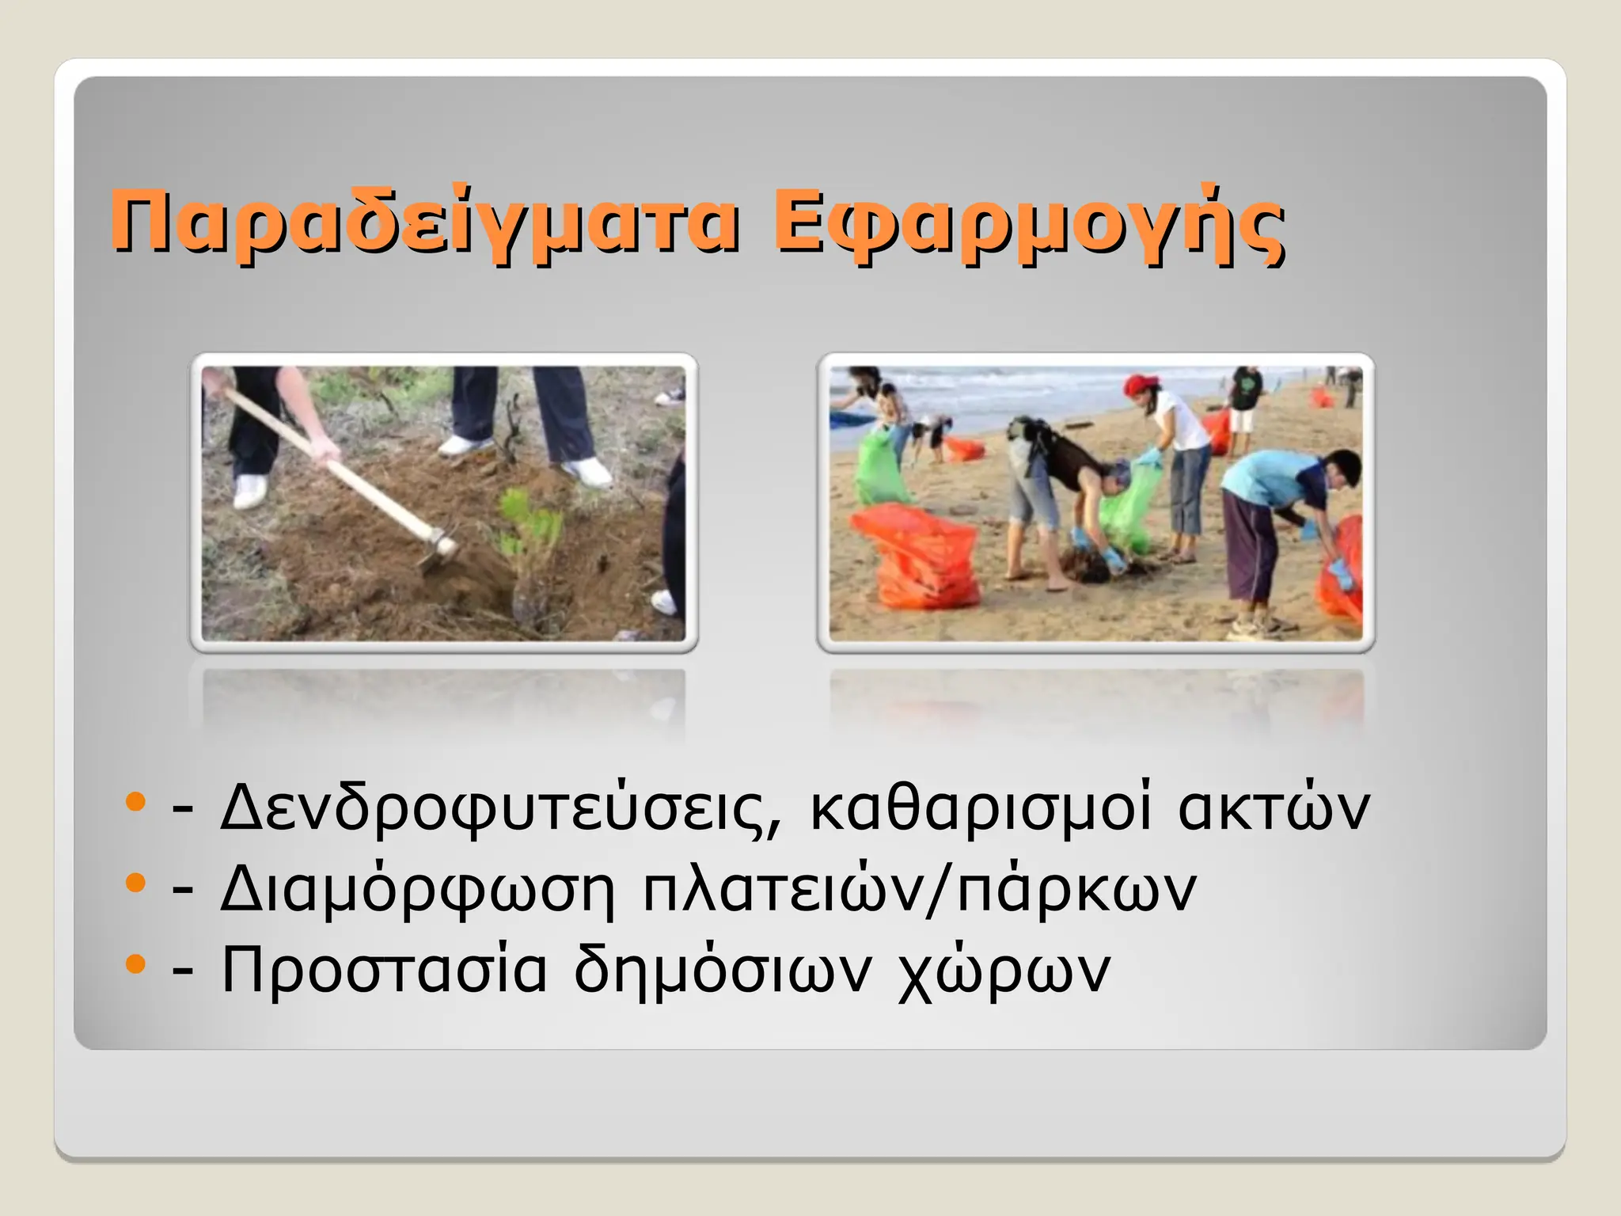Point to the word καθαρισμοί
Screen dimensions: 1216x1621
(981, 807)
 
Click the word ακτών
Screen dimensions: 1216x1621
(1274, 807)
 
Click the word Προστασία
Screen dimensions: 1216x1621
(384, 970)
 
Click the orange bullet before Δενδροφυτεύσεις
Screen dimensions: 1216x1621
(136, 801)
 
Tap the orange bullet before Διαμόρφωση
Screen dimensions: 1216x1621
(136, 882)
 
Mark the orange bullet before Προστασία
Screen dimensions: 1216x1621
(136, 963)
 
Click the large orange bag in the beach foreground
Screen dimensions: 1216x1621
(918, 554)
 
